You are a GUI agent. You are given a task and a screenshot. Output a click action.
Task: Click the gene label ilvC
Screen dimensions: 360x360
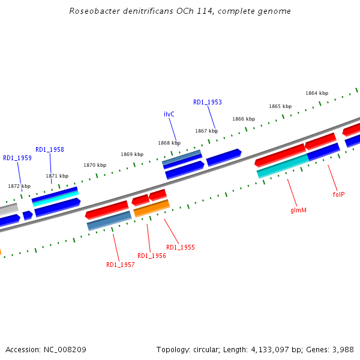(x=169, y=114)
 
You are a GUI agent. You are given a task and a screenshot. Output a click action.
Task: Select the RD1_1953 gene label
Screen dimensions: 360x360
(x=208, y=103)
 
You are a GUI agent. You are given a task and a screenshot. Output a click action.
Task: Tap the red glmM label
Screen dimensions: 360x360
(x=298, y=211)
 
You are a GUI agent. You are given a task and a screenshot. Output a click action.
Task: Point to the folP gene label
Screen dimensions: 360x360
(x=338, y=194)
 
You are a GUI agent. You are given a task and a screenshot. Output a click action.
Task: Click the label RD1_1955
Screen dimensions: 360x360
(x=181, y=247)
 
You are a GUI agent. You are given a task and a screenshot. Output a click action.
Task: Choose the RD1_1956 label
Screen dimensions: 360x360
(x=152, y=256)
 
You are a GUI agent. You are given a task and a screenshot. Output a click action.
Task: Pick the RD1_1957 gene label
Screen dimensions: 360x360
(x=121, y=265)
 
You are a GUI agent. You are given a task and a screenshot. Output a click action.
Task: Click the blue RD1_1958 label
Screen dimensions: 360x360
(x=50, y=150)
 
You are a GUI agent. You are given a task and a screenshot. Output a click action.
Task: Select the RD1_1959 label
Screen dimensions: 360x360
(x=17, y=158)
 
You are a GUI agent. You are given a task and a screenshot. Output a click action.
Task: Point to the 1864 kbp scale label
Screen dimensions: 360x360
(x=317, y=93)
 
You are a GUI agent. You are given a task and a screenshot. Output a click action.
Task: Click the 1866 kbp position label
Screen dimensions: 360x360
(x=244, y=119)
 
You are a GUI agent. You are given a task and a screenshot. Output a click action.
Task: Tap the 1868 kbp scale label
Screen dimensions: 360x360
(x=169, y=143)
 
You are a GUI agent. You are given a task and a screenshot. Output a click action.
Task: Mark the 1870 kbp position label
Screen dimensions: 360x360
(x=95, y=165)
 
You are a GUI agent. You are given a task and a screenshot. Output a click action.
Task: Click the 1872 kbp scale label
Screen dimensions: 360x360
(x=19, y=186)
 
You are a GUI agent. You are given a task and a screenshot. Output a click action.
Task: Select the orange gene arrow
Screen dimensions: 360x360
(x=151, y=208)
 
